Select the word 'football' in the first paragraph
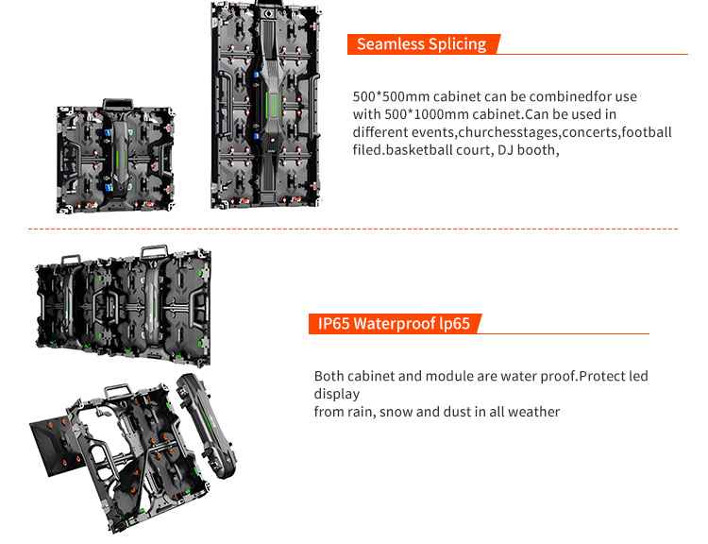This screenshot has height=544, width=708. tap(647, 131)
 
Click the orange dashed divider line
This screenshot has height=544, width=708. tap(353, 229)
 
